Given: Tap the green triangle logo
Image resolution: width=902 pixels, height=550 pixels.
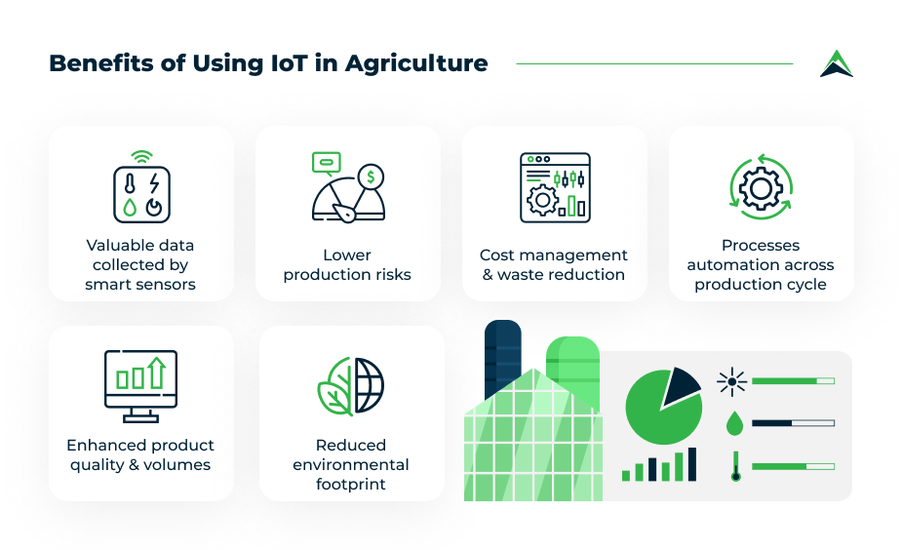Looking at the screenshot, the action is (837, 63).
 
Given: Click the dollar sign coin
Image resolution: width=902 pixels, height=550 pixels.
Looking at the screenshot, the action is (372, 177).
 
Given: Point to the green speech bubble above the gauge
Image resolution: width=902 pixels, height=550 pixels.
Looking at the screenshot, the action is (326, 163).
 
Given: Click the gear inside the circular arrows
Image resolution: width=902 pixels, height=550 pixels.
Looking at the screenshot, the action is (761, 187).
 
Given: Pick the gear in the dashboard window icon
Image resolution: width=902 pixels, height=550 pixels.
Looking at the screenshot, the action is (542, 200).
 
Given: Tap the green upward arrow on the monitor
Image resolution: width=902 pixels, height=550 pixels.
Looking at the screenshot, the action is (156, 373).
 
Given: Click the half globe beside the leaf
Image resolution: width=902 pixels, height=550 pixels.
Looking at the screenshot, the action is (369, 385).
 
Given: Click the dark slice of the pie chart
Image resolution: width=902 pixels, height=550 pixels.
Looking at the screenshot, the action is (680, 385).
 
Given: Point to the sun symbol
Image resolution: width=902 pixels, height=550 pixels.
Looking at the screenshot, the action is (731, 381).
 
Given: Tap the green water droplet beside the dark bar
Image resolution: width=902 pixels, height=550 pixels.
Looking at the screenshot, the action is (734, 423).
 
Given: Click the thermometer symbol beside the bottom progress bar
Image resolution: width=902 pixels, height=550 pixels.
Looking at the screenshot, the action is (735, 466).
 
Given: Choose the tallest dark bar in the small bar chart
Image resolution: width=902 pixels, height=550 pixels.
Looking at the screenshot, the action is (692, 464).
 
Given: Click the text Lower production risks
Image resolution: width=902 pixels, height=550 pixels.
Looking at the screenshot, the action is (347, 264).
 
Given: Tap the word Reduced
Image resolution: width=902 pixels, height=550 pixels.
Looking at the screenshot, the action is (351, 446).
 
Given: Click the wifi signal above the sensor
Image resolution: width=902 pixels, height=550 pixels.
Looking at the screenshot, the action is (141, 157).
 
